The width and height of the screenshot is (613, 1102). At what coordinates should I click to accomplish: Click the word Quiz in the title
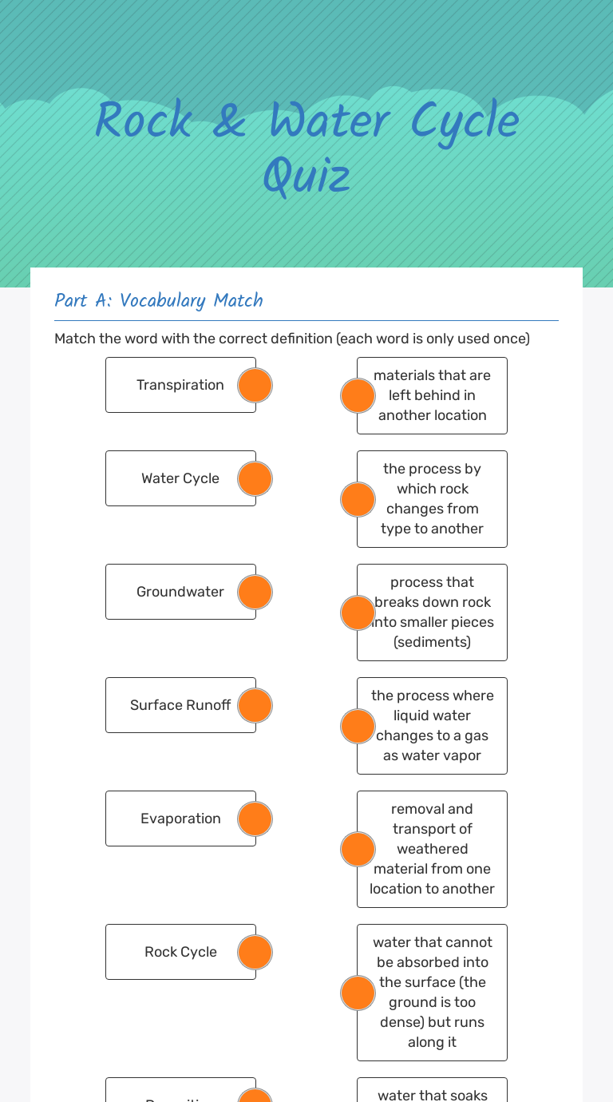(307, 176)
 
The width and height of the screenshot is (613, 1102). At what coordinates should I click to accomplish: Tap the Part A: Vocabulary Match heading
(159, 300)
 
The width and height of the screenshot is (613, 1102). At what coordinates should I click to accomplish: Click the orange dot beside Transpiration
(255, 386)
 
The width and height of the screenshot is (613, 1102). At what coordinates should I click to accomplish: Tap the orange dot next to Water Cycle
(255, 479)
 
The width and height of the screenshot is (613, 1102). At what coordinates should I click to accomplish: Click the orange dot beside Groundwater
(255, 593)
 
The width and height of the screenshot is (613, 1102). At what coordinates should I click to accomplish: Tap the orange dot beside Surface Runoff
(255, 706)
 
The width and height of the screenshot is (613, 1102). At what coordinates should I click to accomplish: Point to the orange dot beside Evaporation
(255, 819)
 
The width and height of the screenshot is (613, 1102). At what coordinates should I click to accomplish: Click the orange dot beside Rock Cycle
(255, 953)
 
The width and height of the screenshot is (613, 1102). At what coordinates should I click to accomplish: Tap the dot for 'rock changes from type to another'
(358, 500)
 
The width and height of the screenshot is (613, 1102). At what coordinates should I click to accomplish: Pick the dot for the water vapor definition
(358, 727)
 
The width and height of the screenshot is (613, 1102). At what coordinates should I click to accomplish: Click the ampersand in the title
(230, 122)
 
